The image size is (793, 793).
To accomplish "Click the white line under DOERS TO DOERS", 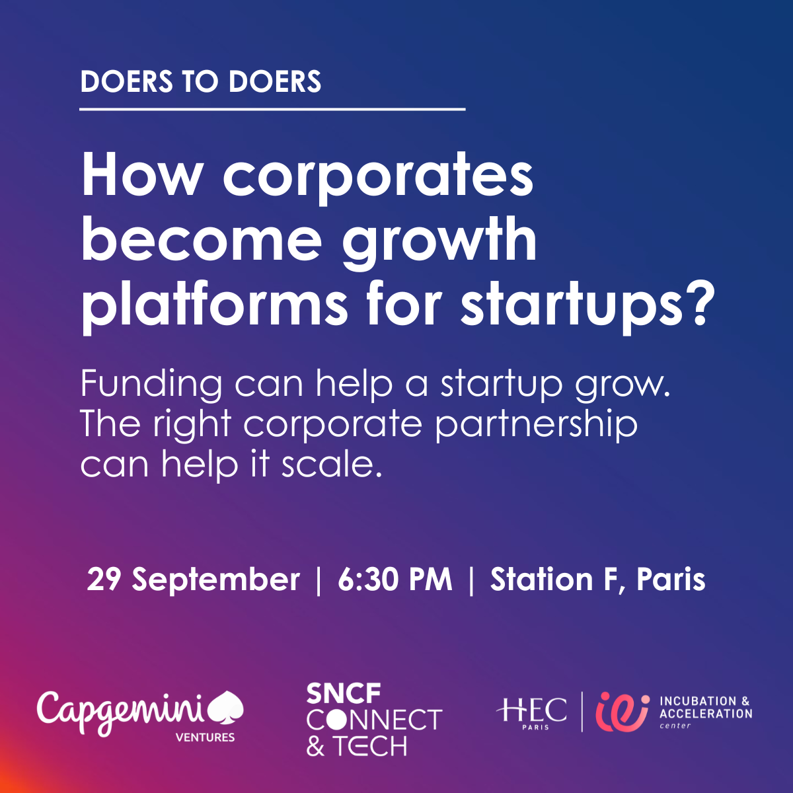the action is pyautogui.click(x=272, y=110).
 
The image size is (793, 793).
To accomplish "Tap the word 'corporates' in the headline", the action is pyautogui.click(x=378, y=177).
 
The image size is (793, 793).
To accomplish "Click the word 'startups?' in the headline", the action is pyautogui.click(x=587, y=305).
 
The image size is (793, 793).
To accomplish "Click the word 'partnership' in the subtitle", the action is pyautogui.click(x=536, y=426).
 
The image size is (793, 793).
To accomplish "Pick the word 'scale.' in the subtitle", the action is pyautogui.click(x=332, y=463).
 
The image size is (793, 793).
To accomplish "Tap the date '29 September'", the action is pyautogui.click(x=194, y=580).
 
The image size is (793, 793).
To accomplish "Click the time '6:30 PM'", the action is pyautogui.click(x=395, y=580).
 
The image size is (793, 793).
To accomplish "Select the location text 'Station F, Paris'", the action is pyautogui.click(x=598, y=580).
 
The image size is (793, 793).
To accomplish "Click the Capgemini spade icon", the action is pyautogui.click(x=226, y=707).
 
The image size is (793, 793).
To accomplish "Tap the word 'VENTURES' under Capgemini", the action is pyautogui.click(x=205, y=737).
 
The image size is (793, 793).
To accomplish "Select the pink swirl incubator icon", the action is pyautogui.click(x=623, y=712).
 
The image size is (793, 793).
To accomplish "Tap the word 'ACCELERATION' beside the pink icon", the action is pyautogui.click(x=706, y=714).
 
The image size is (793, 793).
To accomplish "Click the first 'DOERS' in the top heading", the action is pyautogui.click(x=127, y=81).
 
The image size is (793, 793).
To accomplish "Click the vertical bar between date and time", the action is pyautogui.click(x=319, y=581).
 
